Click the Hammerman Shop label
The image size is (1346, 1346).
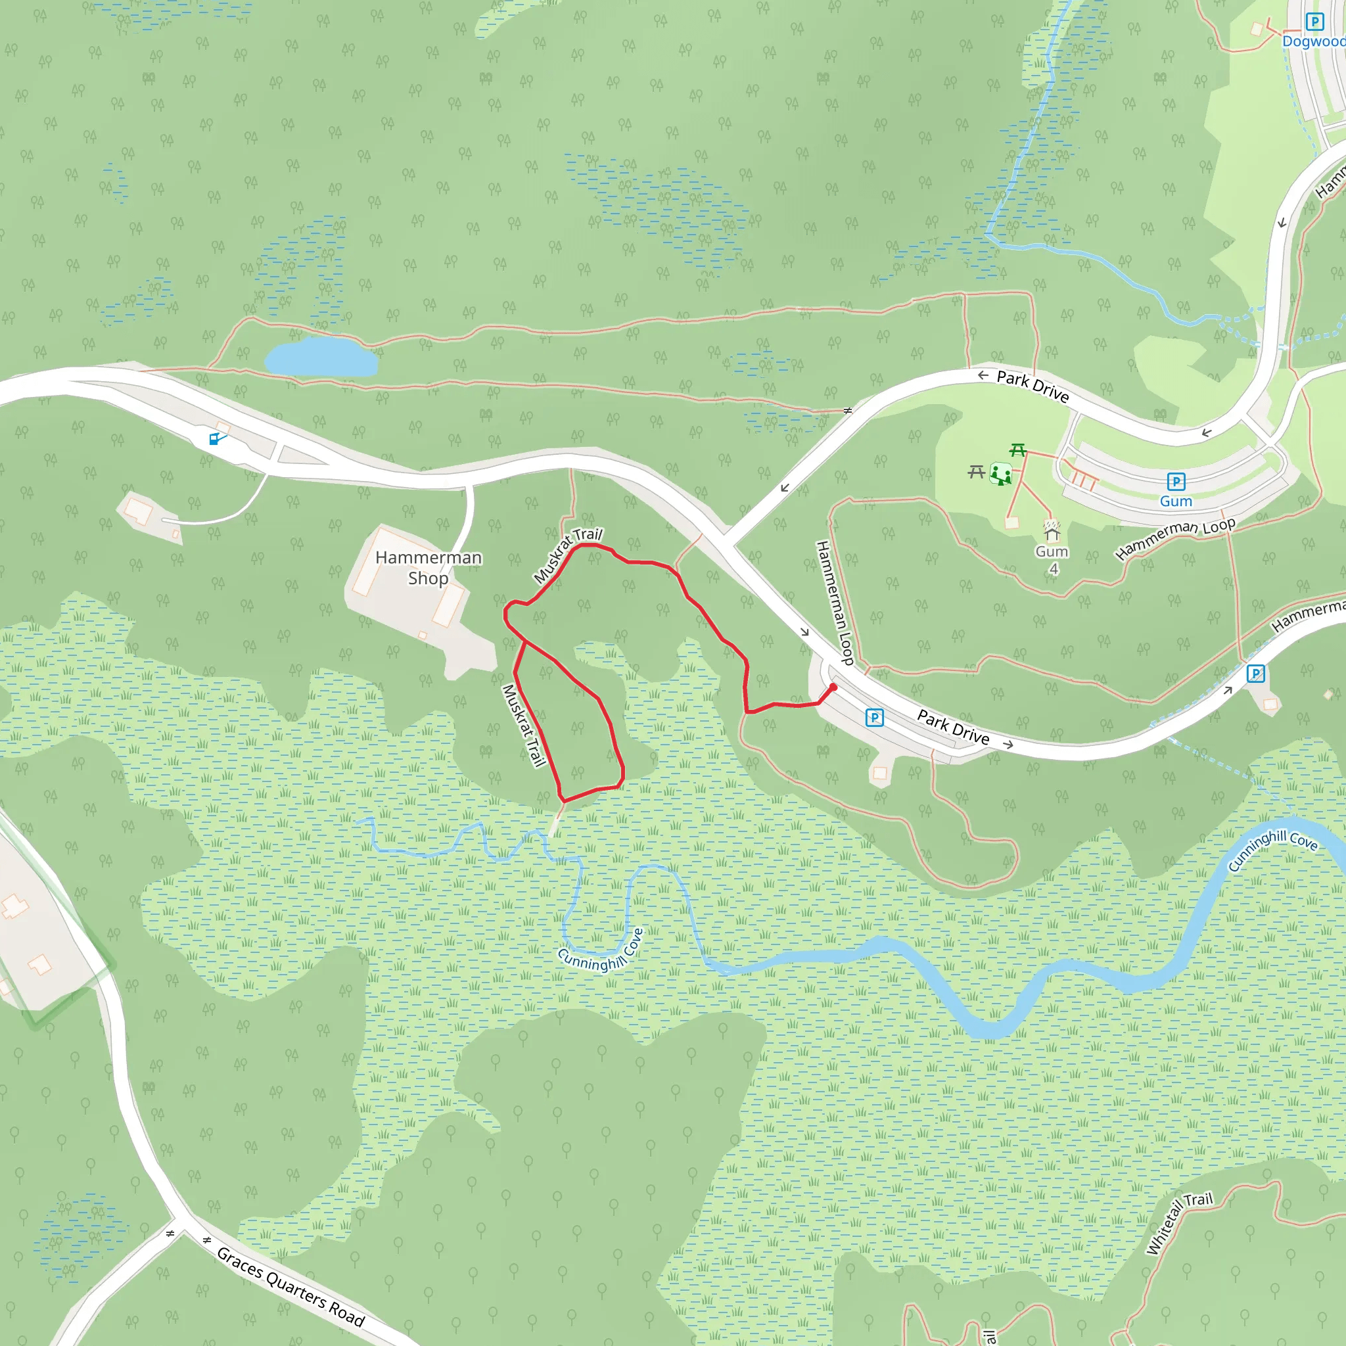click(428, 568)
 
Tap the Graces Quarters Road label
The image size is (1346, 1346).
click(290, 1288)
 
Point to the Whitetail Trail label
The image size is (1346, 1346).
click(1179, 1222)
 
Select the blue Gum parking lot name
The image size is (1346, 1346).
click(1176, 501)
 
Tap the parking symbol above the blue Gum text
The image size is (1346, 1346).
click(1176, 481)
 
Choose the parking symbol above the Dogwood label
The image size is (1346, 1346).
click(1314, 22)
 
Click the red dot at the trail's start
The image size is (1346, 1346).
click(833, 687)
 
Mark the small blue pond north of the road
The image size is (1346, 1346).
click(321, 358)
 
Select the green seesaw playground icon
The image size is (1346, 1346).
click(1001, 475)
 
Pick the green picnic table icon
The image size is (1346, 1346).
click(1018, 451)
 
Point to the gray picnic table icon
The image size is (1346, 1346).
click(976, 473)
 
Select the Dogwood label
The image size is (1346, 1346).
click(1313, 42)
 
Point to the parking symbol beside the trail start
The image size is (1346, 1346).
click(874, 718)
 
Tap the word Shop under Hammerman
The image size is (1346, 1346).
click(428, 578)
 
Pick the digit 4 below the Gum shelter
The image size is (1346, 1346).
click(1054, 569)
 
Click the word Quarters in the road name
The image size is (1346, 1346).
click(296, 1290)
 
